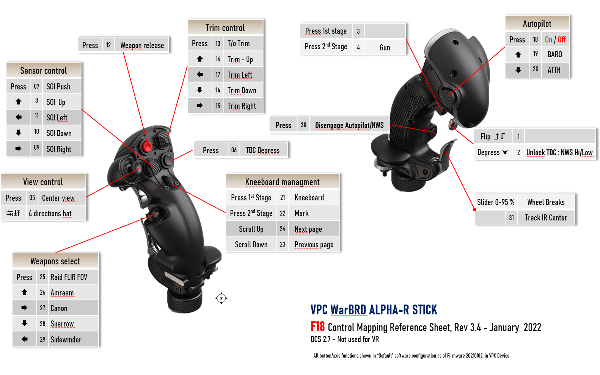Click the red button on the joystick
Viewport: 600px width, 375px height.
point(147,146)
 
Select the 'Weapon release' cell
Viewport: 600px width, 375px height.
point(142,45)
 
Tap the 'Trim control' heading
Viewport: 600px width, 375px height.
point(225,28)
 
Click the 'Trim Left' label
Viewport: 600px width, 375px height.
point(240,75)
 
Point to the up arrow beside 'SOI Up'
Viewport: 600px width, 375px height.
point(19,102)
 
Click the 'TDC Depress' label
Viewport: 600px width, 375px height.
point(263,150)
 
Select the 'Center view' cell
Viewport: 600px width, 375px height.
point(61,198)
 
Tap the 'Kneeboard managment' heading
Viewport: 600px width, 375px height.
point(282,182)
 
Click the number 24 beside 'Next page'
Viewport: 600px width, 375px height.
point(283,229)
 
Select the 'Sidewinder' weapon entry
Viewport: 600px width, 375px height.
point(66,339)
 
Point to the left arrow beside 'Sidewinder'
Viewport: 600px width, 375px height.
point(24,339)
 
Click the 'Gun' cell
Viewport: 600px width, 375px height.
point(385,47)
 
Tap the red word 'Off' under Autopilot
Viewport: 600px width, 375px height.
point(562,40)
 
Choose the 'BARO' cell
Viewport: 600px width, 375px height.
point(555,55)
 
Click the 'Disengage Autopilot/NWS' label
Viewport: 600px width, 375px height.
point(349,125)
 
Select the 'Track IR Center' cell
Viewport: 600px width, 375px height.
point(546,218)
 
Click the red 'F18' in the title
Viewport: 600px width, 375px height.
point(317,327)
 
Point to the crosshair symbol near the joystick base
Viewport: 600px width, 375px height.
point(221,298)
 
